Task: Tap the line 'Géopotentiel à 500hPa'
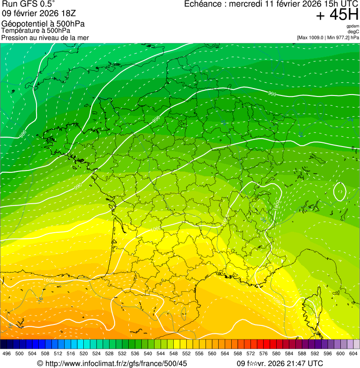tap(43, 24)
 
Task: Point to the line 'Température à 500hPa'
tap(36, 30)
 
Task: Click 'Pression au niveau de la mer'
tap(45, 37)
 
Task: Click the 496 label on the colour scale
tap(7, 353)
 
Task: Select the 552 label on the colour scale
tap(185, 353)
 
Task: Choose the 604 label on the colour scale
tap(353, 353)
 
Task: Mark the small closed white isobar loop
tap(340, 191)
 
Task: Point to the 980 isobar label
tap(22, 134)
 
